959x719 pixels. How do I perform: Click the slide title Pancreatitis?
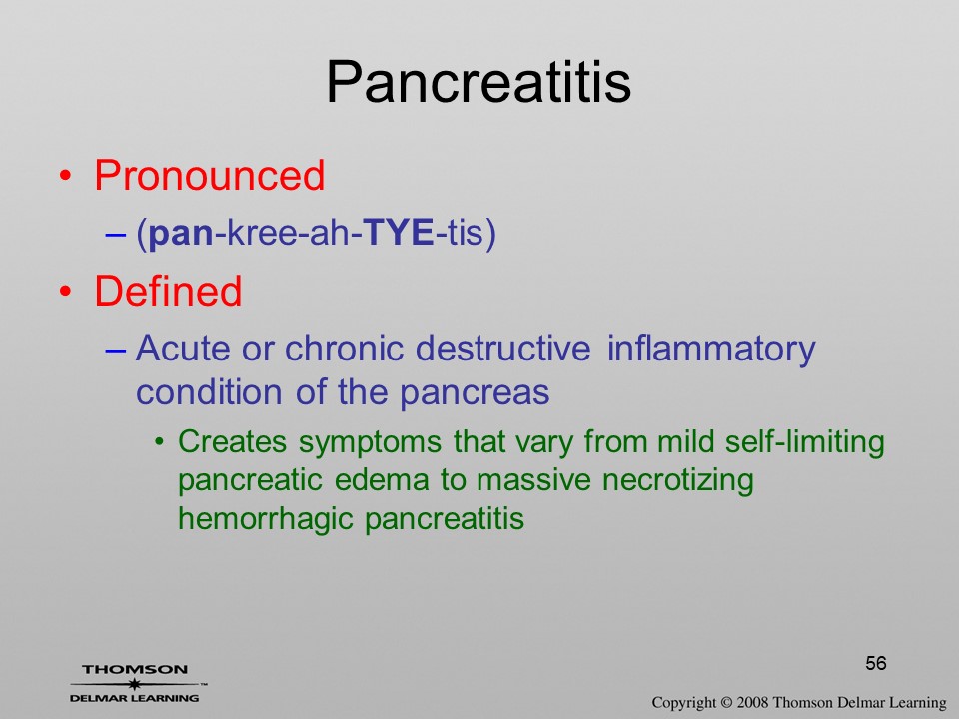pos(479,82)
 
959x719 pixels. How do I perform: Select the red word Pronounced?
pos(209,176)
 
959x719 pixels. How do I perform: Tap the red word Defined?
pos(168,291)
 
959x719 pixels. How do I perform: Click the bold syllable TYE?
pos(399,233)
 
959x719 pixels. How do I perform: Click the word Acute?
pos(183,348)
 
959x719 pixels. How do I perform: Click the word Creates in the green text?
pos(232,441)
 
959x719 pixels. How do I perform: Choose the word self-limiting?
pos(805,442)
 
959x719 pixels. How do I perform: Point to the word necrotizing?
pos(677,481)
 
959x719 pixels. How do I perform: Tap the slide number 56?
pos(876,663)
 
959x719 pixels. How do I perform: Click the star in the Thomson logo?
pos(134,683)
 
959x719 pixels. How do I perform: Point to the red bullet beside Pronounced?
pos(66,177)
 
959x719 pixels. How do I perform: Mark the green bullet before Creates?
pos(160,442)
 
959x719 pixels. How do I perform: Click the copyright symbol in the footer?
pos(726,702)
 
